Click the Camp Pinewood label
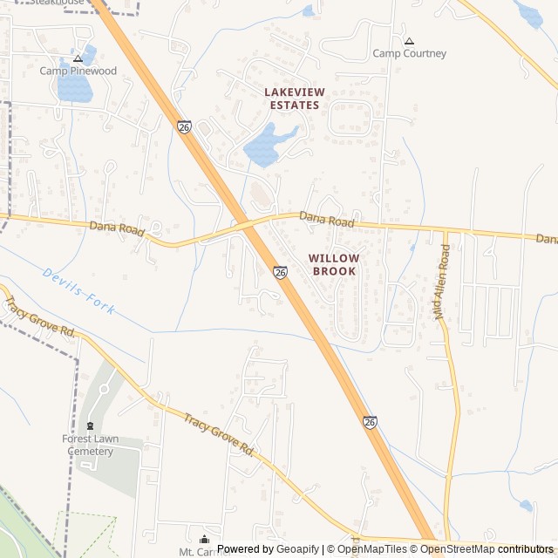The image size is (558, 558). coord(78,71)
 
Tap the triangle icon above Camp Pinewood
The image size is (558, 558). coord(78,58)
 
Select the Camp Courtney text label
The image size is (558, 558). coord(409,53)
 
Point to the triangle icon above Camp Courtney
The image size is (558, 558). coord(409,41)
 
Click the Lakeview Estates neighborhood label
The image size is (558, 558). coord(292,98)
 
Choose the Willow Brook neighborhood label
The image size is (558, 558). coord(333,265)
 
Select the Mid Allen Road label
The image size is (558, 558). coord(444,282)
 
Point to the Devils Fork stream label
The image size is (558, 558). coord(78,290)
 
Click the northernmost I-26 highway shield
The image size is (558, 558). coord(184,127)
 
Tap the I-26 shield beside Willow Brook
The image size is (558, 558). coord(280,273)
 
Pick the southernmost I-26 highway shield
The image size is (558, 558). coord(371,422)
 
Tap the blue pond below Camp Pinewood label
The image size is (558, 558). coord(74,87)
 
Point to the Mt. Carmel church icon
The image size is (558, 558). coord(204,540)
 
